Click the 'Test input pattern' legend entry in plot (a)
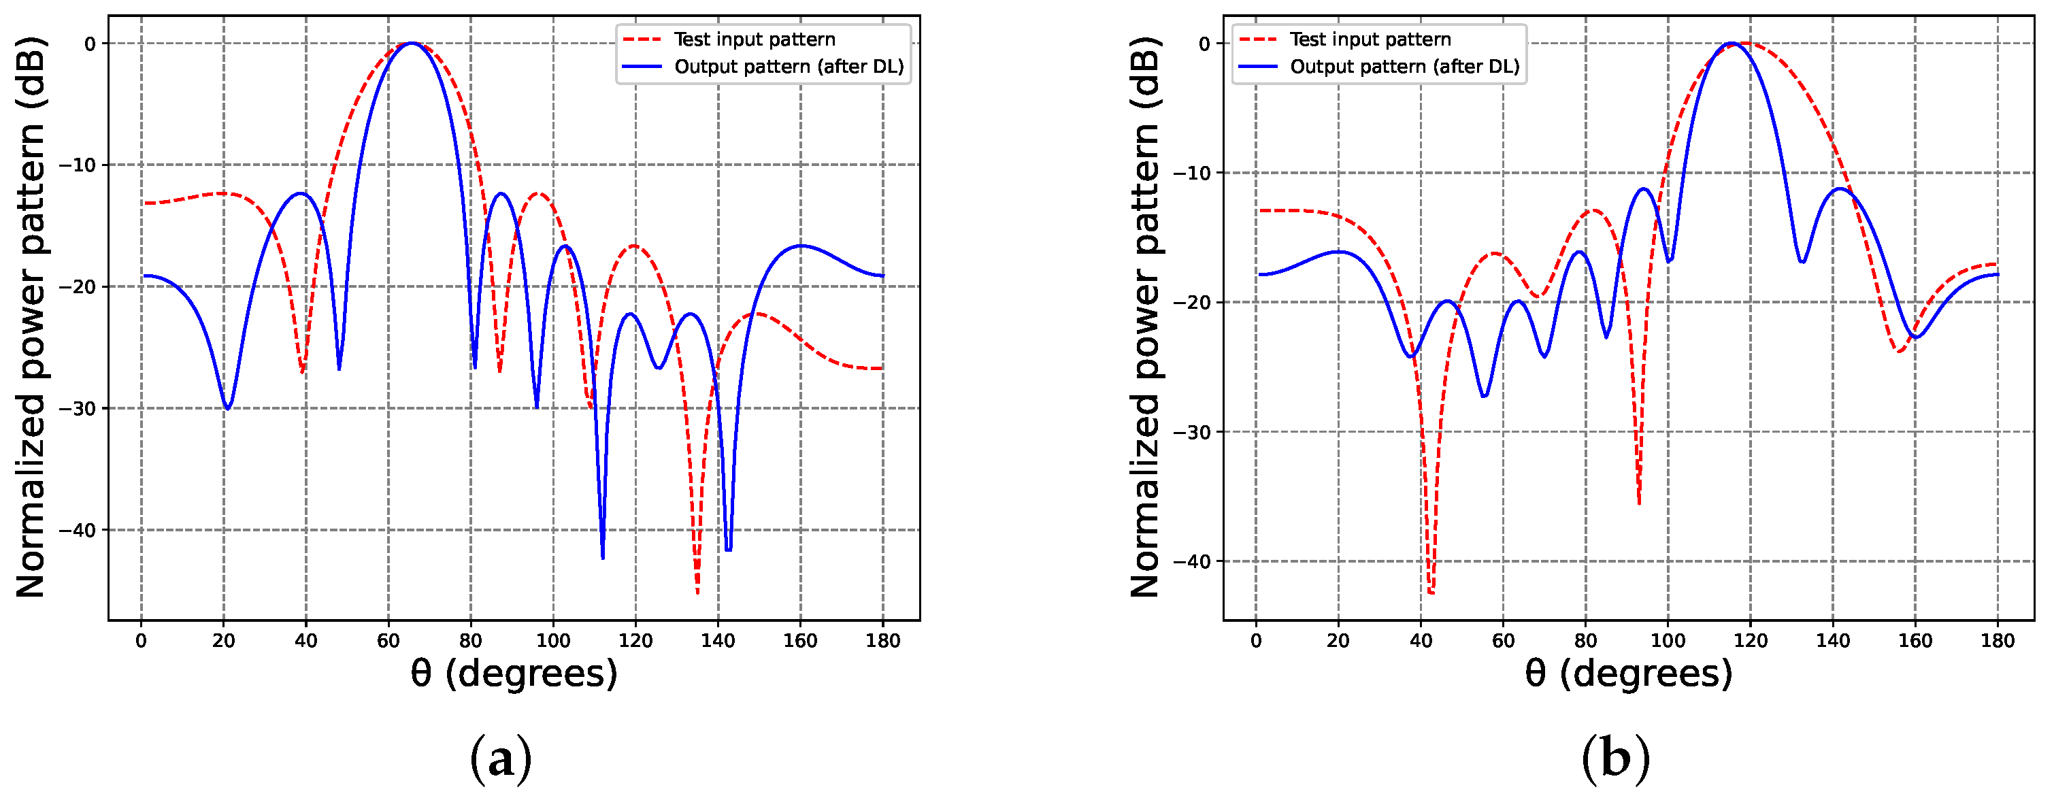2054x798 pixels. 754,39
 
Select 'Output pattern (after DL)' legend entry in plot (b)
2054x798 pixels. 1404,66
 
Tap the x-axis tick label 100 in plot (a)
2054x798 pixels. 552,641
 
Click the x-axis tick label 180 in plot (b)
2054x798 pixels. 1998,641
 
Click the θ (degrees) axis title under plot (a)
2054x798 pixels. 514,674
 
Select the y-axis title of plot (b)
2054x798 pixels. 1146,317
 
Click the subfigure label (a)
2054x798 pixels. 500,760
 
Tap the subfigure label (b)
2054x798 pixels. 1614,760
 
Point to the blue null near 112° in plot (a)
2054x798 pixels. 602,557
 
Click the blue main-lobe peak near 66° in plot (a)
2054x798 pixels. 412,43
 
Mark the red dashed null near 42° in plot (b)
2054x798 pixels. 1431,593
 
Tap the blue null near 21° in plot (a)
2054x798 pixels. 228,408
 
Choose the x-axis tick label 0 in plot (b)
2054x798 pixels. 1256,641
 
